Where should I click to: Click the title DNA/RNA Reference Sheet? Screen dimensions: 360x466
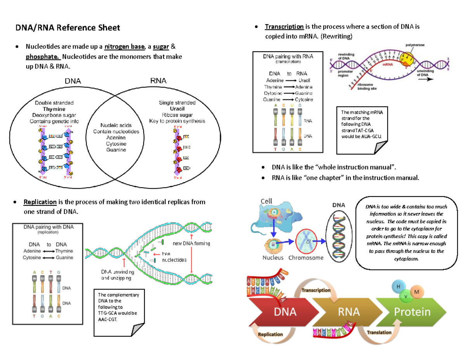[68, 28]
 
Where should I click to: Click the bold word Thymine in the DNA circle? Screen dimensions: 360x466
[54, 109]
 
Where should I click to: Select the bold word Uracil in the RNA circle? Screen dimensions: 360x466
[177, 109]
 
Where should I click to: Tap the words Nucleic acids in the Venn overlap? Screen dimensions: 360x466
[116, 125]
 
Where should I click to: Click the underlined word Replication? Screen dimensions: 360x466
[40, 202]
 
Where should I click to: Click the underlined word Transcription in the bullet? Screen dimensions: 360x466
[284, 27]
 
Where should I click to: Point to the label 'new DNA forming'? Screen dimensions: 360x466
[191, 243]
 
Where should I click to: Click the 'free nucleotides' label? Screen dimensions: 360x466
[174, 256]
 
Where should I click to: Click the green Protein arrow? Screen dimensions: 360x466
[412, 312]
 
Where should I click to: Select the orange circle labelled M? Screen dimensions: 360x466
[417, 292]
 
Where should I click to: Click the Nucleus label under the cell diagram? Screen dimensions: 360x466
[273, 258]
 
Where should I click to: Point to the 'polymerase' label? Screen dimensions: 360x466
[416, 45]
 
